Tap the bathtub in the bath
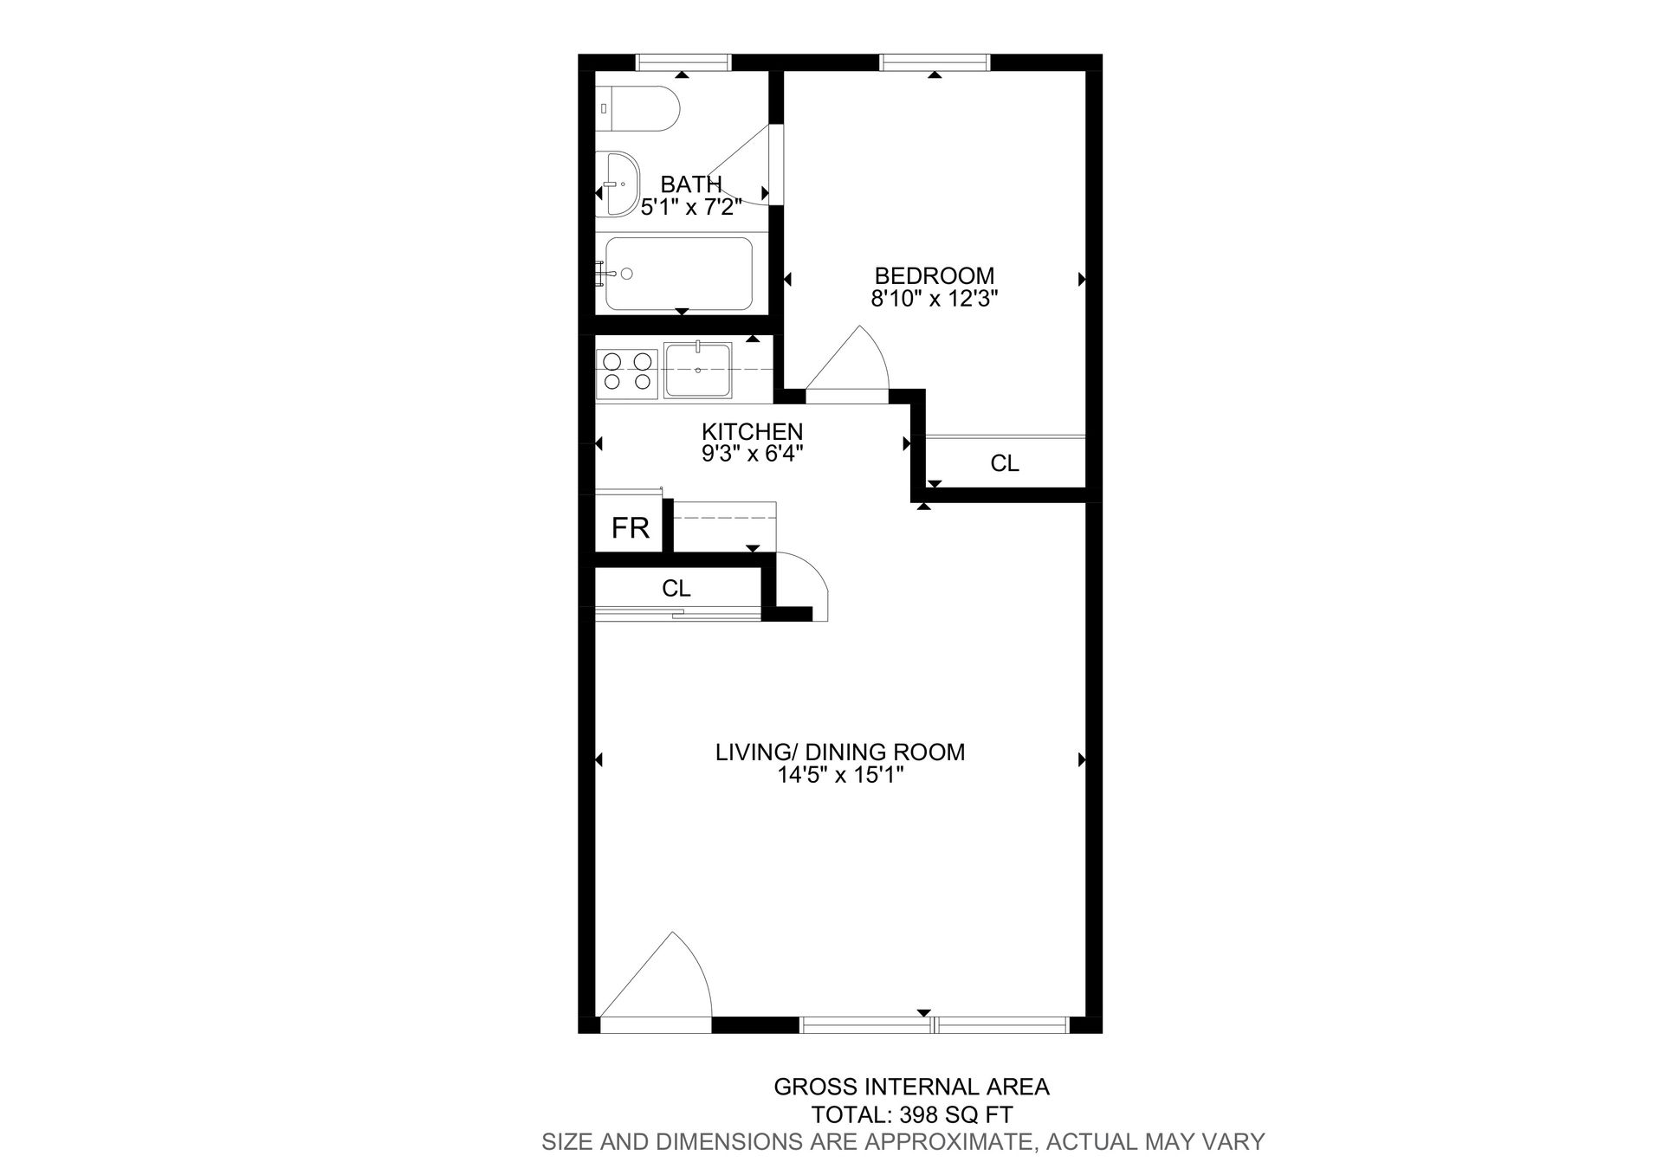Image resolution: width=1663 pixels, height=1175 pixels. click(x=678, y=274)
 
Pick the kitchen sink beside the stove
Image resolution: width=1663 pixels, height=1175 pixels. click(x=697, y=371)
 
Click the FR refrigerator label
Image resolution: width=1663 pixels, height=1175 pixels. click(x=630, y=527)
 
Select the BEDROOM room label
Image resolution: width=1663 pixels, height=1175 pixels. click(x=934, y=276)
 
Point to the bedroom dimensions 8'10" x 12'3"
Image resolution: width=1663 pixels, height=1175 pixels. click(x=934, y=300)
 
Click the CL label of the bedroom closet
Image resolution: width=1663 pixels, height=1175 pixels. click(x=1004, y=464)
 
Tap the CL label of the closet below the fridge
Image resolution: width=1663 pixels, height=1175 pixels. click(x=676, y=589)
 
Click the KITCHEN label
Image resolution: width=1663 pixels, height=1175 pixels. click(x=752, y=431)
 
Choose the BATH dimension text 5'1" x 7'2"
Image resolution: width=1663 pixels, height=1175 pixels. click(x=691, y=207)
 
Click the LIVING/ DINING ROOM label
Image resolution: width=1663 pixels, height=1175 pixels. click(x=839, y=752)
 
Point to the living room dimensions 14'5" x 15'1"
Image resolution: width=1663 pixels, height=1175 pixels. click(x=839, y=775)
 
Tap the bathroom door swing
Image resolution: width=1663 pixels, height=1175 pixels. click(x=741, y=169)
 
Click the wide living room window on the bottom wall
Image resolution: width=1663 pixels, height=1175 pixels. click(x=935, y=1025)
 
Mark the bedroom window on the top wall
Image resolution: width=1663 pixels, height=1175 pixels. click(x=934, y=61)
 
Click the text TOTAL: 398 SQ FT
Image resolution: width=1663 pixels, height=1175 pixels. click(x=911, y=1114)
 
